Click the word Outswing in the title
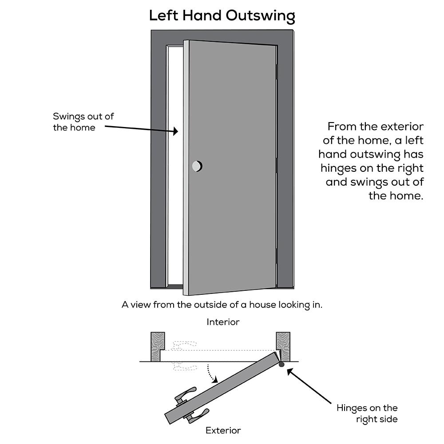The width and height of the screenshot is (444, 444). pyautogui.click(x=260, y=16)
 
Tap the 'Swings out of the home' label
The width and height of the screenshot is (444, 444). pyautogui.click(x=83, y=122)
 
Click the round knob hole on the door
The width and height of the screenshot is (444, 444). pyautogui.click(x=197, y=166)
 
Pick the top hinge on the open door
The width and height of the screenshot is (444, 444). pyautogui.click(x=277, y=71)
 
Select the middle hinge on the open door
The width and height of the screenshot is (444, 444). pyautogui.click(x=277, y=165)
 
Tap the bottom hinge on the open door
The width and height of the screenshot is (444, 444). pyautogui.click(x=277, y=258)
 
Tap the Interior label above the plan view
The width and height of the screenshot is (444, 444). pyautogui.click(x=223, y=322)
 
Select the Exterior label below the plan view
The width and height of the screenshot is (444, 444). pyautogui.click(x=223, y=430)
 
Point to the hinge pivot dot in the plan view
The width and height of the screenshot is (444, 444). pyautogui.click(x=281, y=365)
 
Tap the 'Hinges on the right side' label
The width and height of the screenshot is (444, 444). pyautogui.click(x=367, y=413)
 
